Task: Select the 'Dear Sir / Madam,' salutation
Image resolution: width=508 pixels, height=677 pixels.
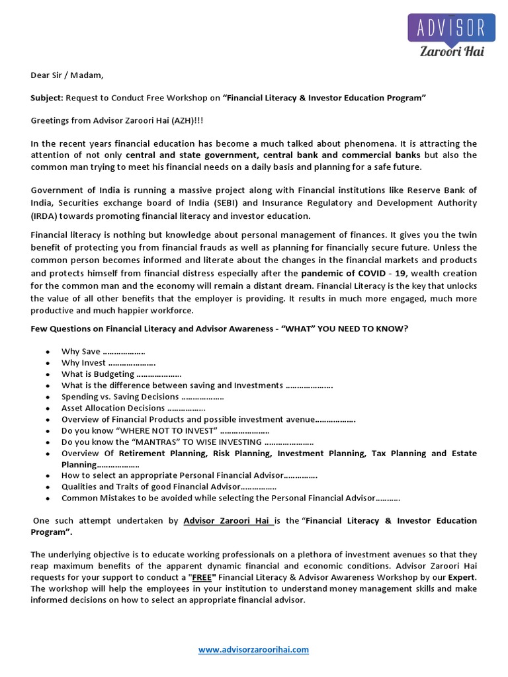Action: point(67,75)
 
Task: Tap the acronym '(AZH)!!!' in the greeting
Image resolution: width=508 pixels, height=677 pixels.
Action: point(159,121)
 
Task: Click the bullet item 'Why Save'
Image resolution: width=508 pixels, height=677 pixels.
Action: point(81,351)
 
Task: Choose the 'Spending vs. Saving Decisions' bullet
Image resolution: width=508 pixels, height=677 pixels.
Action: point(120,397)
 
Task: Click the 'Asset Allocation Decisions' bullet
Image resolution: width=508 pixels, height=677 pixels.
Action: point(113,408)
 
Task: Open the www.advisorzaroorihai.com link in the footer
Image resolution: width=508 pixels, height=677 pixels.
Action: point(254,650)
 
